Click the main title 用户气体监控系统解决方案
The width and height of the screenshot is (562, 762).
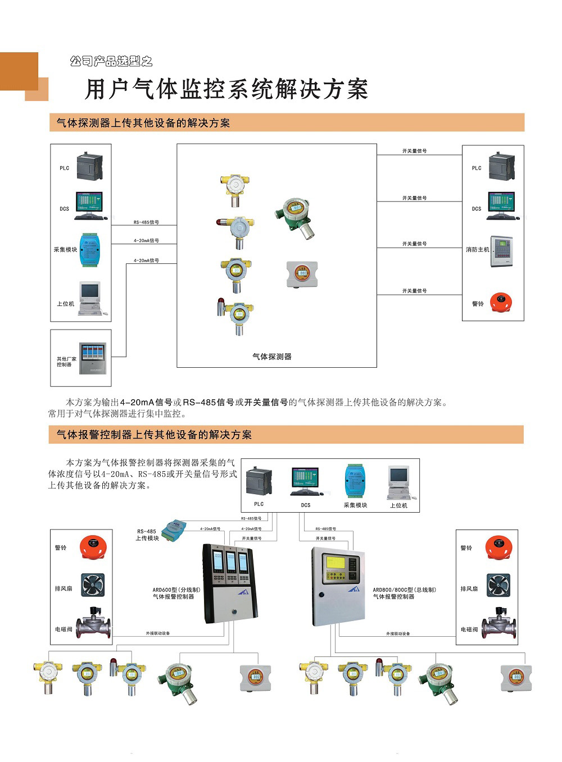point(226,90)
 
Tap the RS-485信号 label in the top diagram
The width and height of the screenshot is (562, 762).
point(146,222)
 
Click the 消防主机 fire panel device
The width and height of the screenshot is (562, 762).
point(501,250)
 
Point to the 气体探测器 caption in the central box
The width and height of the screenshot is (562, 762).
point(272,357)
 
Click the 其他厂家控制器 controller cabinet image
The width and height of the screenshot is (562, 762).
point(92,358)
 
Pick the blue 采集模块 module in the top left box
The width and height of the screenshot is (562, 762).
point(90,249)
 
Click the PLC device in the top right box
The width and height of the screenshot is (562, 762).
point(501,167)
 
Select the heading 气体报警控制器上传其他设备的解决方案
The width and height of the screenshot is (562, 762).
point(154,435)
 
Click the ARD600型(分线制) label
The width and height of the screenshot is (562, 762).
point(176,590)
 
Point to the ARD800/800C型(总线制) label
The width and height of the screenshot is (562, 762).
point(404,590)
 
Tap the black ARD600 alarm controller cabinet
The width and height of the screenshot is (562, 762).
point(230,583)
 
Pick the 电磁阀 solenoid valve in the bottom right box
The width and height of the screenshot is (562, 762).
point(498,624)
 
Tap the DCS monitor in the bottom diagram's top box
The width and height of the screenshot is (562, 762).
point(305,481)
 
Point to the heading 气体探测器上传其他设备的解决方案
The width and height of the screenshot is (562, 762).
point(143,123)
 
